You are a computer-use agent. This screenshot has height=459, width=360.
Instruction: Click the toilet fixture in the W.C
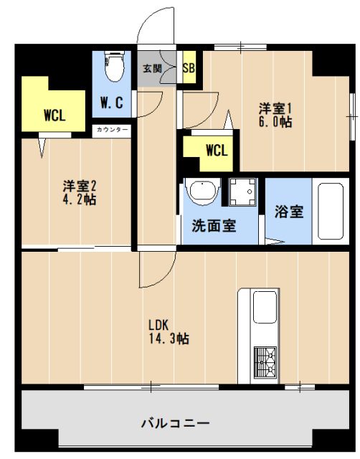pos(112,69)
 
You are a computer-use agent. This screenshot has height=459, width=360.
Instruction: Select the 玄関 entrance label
pos(152,69)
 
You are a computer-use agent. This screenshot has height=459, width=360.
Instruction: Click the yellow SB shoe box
pos(189,69)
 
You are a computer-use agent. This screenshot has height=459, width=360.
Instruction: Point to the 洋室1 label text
pos(276,109)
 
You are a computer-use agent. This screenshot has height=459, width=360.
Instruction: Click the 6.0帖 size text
pos(276,122)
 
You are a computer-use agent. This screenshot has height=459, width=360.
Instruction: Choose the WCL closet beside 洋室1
pos(216,151)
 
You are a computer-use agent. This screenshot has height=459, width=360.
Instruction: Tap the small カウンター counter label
pos(112,130)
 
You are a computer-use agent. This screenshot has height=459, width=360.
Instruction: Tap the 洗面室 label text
pos(214,226)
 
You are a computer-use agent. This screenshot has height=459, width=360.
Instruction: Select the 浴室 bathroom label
pos(288,212)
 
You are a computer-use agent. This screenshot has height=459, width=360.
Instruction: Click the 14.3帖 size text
pos(169,338)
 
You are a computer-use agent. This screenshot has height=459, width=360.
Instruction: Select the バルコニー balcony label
pos(175,422)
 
